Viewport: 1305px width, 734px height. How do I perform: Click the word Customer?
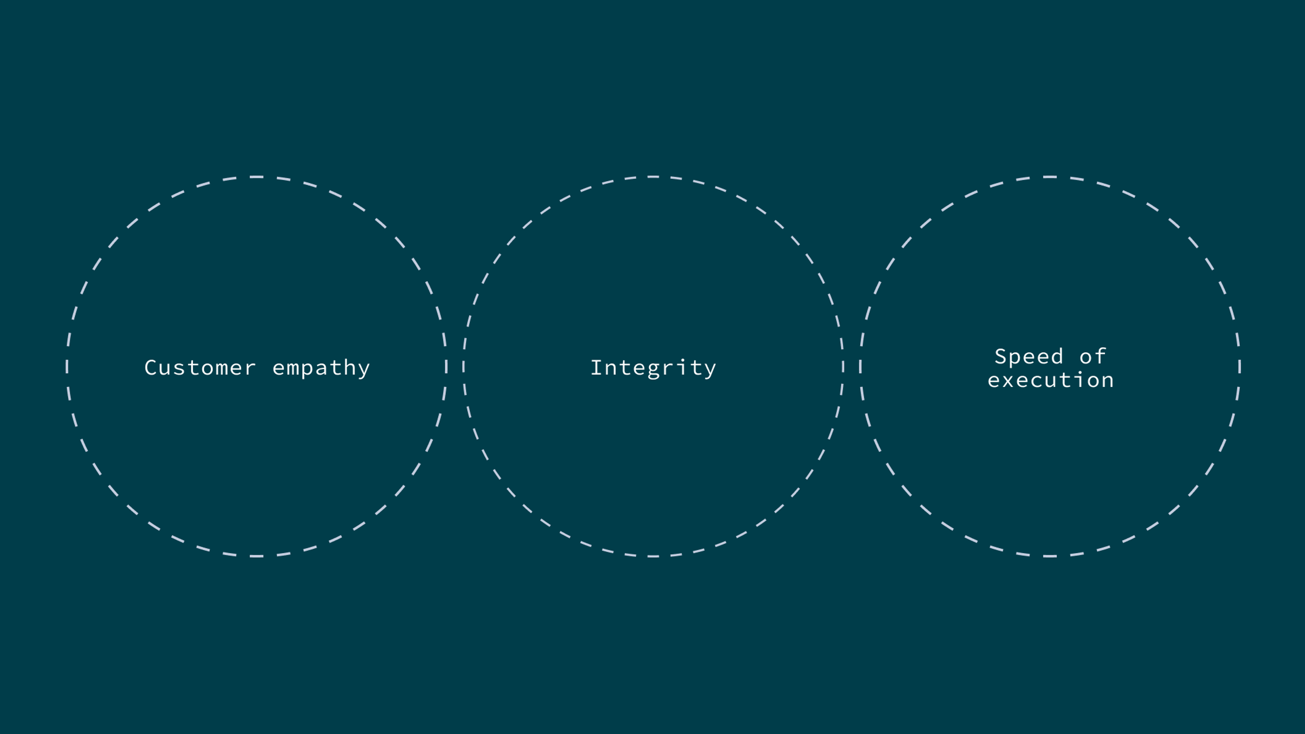pyautogui.click(x=200, y=368)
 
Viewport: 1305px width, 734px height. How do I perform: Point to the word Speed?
pyautogui.click(x=1028, y=356)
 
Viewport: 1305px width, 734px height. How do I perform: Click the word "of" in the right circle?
pyautogui.click(x=1093, y=356)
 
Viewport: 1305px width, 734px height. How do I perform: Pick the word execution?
pyautogui.click(x=1051, y=380)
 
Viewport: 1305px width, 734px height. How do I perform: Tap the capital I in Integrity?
pyautogui.click(x=597, y=368)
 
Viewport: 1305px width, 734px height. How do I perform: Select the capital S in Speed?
pyautogui.click(x=1002, y=356)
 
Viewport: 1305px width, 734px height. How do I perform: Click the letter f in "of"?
pyautogui.click(x=1100, y=356)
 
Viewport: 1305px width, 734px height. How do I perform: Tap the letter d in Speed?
pyautogui.click(x=1056, y=356)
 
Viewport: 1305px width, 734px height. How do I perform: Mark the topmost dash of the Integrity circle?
pyautogui.click(x=653, y=177)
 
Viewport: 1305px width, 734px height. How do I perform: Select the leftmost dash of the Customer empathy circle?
pyautogui.click(x=67, y=367)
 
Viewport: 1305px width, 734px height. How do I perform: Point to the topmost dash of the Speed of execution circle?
pyautogui.click(x=1050, y=177)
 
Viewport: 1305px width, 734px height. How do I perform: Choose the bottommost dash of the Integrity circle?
pyautogui.click(x=653, y=556)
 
